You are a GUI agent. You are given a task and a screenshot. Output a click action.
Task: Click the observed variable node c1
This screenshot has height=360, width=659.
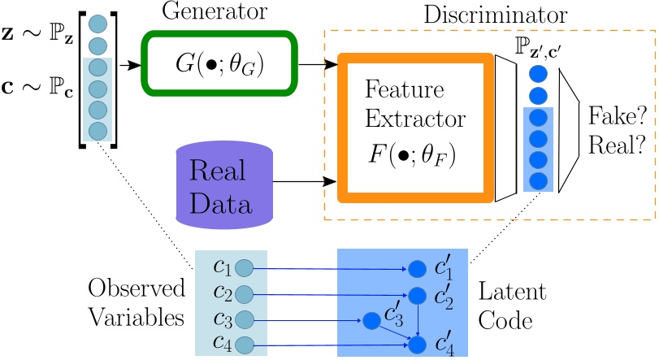click(244, 267)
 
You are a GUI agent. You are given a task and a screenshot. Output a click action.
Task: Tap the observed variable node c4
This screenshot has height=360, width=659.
click(244, 345)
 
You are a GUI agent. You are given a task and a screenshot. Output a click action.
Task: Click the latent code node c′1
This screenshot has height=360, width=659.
click(418, 268)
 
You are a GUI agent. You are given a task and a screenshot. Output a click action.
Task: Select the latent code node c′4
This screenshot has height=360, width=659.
click(418, 345)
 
